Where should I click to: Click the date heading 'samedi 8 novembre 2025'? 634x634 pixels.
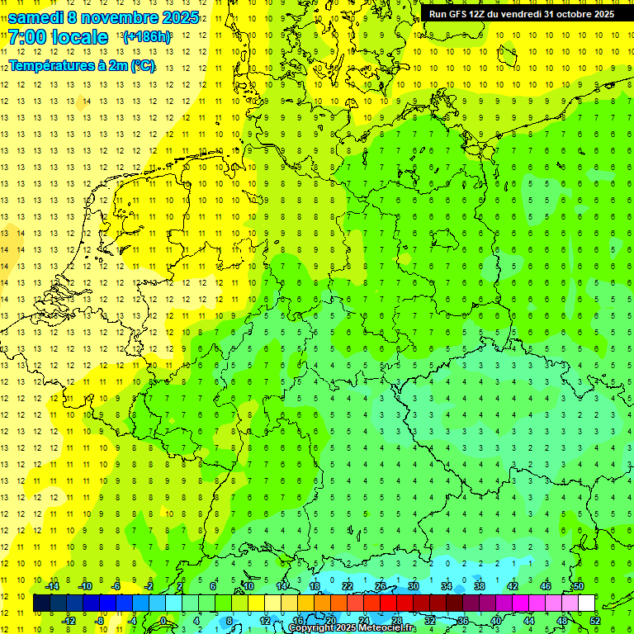[102, 17]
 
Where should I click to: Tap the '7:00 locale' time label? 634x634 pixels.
[58, 37]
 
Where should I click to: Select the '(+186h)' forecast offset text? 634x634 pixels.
[147, 37]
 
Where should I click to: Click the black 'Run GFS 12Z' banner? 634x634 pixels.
[521, 14]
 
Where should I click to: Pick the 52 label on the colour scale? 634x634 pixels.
[595, 620]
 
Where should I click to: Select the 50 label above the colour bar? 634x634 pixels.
[579, 586]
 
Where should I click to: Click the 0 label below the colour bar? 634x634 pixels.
[163, 620]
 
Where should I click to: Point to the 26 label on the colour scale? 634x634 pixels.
[381, 586]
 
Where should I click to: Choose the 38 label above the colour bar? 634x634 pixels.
[480, 586]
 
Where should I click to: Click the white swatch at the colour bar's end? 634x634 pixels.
[587, 603]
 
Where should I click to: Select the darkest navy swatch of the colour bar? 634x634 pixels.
[41, 603]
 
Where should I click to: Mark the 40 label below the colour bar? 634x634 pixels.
[496, 620]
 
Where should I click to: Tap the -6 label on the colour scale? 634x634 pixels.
[116, 586]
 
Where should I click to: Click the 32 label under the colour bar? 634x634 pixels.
[430, 620]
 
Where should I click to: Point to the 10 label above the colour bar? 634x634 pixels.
[248, 586]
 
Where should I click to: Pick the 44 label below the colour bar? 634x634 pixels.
[529, 620]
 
